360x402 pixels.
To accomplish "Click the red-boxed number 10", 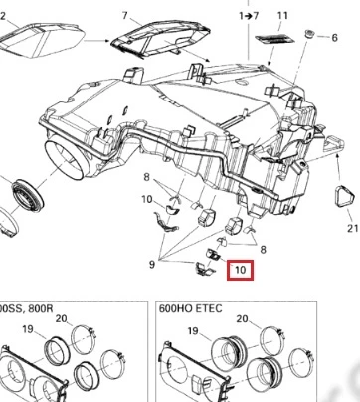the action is coord(241,270).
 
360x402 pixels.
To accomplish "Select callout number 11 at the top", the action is coord(282,16).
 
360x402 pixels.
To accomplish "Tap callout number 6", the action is coord(334,38).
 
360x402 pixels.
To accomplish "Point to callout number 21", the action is coord(353,228).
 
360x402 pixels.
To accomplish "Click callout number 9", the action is coord(152,265).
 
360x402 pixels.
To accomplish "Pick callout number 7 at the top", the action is coord(124,15).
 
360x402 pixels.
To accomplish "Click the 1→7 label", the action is coord(249,16).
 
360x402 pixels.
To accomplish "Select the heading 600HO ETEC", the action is coord(190,308).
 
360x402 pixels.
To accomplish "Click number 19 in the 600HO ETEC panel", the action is coord(193,331).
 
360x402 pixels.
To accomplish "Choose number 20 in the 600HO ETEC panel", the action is coord(242,319).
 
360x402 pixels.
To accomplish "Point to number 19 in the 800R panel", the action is coord(28,329).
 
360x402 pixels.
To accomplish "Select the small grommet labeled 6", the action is coord(309,34).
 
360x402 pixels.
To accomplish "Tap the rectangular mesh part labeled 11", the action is coord(274,38).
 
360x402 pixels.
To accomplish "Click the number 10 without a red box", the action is coord(147,199).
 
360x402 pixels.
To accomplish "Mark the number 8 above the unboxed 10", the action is coord(147,177).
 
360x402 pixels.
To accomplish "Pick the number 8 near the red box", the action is coord(263,250).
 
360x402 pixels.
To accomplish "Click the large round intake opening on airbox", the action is coord(66,160).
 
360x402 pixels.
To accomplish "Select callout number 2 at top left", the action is coord(3,16).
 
